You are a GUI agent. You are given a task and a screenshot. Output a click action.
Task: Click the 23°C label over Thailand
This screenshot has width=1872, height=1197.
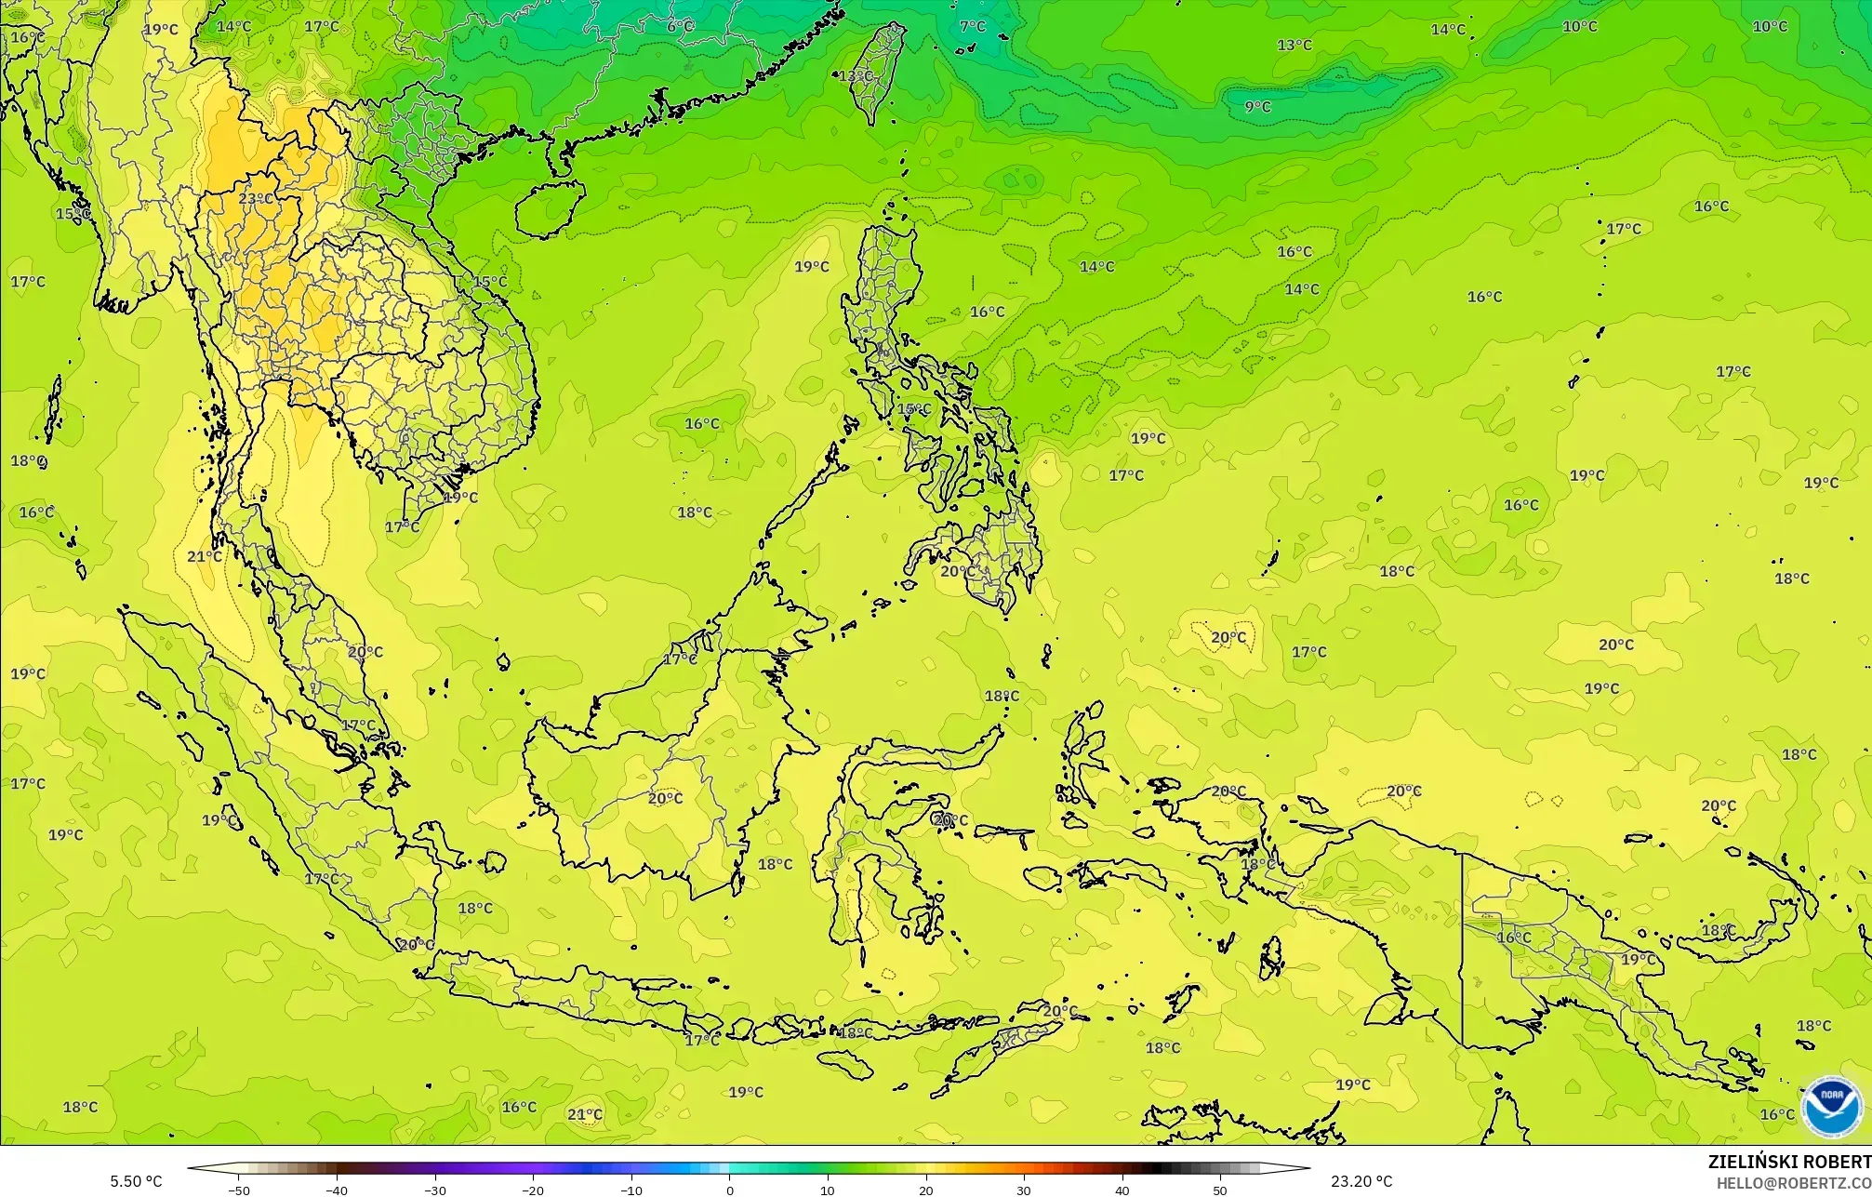pyautogui.click(x=256, y=199)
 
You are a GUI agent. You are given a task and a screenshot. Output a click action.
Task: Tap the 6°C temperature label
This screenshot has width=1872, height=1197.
pyautogui.click(x=680, y=26)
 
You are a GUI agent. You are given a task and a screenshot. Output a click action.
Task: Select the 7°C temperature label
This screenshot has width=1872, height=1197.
pyautogui.click(x=973, y=26)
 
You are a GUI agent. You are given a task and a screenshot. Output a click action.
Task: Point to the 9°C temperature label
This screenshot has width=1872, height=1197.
pyautogui.click(x=1257, y=107)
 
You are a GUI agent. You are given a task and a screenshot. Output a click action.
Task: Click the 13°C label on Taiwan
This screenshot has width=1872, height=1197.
pyautogui.click(x=856, y=76)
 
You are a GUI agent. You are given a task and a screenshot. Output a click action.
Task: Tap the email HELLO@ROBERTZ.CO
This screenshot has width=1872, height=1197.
pyautogui.click(x=1793, y=1183)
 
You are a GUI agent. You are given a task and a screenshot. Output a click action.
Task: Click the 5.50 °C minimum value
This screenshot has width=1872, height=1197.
pyautogui.click(x=136, y=1182)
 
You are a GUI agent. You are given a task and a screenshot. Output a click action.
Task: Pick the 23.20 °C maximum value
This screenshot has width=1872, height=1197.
pyautogui.click(x=1361, y=1182)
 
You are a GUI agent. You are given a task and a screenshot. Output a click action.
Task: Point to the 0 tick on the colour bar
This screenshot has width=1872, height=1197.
pyautogui.click(x=730, y=1190)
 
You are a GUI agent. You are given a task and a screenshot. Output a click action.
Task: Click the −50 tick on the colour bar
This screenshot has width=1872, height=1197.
pyautogui.click(x=239, y=1190)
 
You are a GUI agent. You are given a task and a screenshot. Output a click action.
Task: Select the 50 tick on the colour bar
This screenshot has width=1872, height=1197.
pyautogui.click(x=1220, y=1190)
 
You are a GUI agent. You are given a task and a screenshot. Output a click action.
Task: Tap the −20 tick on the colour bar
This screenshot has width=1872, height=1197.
pyautogui.click(x=533, y=1190)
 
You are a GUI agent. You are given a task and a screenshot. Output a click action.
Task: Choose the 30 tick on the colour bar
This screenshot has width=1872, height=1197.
pyautogui.click(x=1024, y=1190)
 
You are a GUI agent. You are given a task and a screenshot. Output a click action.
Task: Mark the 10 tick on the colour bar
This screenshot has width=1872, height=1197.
pyautogui.click(x=828, y=1190)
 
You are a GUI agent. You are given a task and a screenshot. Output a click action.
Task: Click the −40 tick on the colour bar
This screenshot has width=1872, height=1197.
pyautogui.click(x=337, y=1190)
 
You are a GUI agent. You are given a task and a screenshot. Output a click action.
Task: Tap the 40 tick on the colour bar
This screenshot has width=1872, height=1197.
pyautogui.click(x=1122, y=1190)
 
